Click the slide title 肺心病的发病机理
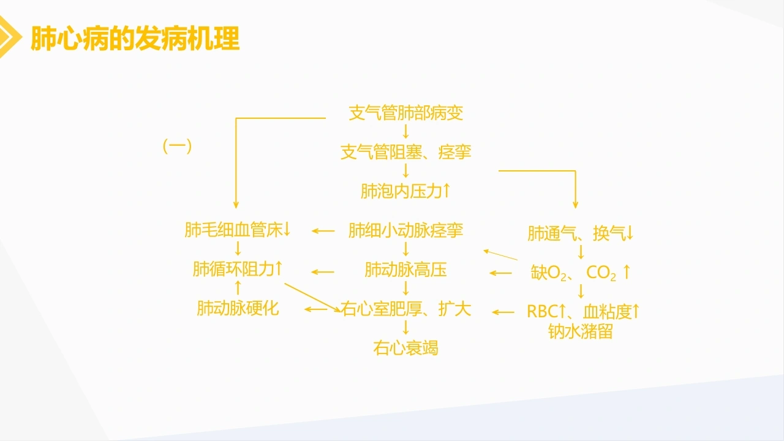click(135, 38)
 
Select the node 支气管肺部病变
click(405, 113)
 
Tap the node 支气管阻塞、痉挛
click(405, 152)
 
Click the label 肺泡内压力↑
click(405, 191)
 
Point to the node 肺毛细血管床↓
click(237, 230)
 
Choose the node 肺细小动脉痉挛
click(405, 230)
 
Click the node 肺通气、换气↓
click(580, 233)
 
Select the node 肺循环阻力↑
click(237, 269)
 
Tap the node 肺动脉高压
click(405, 269)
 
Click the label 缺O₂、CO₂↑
click(580, 273)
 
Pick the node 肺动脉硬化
click(238, 308)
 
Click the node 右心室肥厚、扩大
click(405, 309)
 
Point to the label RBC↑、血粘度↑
click(582, 312)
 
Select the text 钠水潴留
click(580, 331)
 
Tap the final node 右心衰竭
click(405, 348)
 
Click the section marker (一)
click(178, 146)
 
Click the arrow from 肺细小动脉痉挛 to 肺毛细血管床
click(323, 231)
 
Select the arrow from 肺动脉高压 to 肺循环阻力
click(323, 272)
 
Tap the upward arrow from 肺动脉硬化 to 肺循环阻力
click(238, 288)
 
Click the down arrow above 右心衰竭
click(405, 328)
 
